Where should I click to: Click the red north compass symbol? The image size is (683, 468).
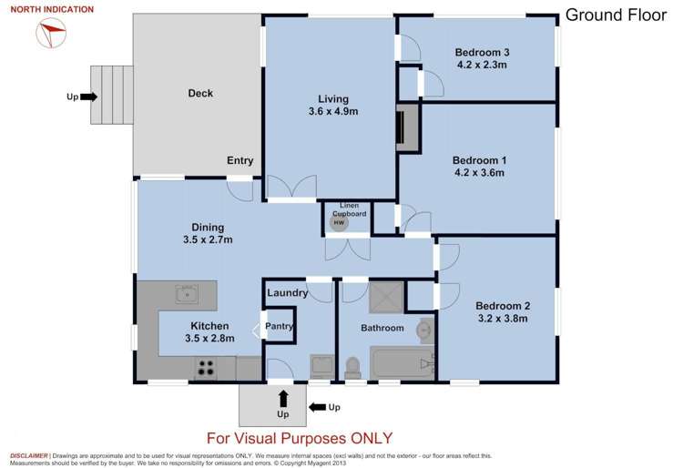point(52,35)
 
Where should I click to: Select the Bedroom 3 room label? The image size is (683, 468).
point(482,52)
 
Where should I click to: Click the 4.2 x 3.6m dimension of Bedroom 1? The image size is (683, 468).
point(479,173)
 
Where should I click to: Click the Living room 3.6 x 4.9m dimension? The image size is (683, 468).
point(331,112)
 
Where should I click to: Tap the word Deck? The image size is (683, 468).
point(200,93)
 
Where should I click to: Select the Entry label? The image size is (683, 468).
point(240,161)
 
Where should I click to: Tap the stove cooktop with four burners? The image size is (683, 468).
point(206,369)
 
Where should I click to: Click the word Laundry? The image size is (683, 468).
point(287,293)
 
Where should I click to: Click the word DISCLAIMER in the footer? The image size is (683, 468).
point(29,454)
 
